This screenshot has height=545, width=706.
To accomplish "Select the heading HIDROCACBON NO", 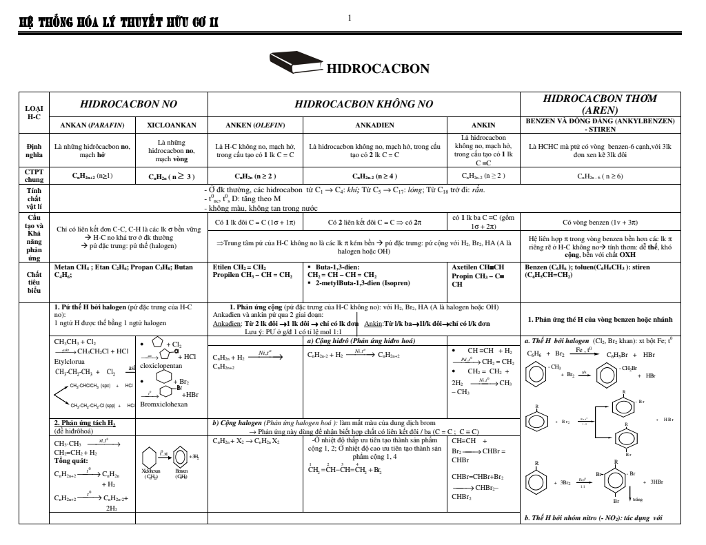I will (129, 104).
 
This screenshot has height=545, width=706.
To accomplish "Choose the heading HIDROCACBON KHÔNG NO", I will (363, 104).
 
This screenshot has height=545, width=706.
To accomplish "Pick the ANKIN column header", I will (482, 125).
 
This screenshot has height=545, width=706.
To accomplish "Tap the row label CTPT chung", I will (34, 175).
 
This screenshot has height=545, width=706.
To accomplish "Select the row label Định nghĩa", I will (34, 150).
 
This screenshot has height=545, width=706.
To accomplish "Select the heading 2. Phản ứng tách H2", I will (85, 422).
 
